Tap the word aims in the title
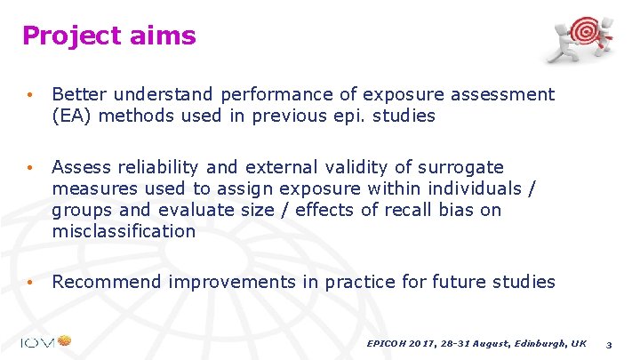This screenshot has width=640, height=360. [x=163, y=36]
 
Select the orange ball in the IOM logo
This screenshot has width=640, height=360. [x=64, y=340]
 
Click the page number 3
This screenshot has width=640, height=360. [x=608, y=343]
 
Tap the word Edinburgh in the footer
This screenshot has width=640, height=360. [x=535, y=342]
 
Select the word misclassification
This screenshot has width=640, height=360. [x=124, y=231]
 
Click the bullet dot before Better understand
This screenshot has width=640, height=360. [x=30, y=95]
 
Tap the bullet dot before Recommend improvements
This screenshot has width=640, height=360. [x=30, y=283]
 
